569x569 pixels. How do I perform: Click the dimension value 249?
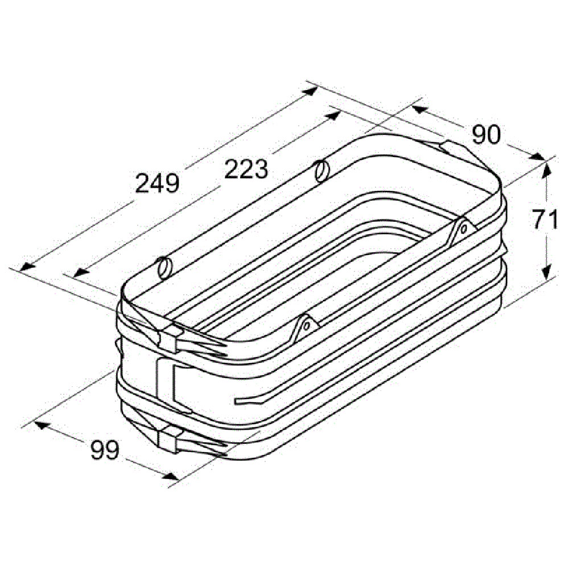pyautogui.click(x=157, y=183)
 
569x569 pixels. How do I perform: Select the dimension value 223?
pyautogui.click(x=246, y=169)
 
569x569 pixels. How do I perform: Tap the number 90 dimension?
pyautogui.click(x=486, y=135)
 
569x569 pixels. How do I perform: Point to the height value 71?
pyautogui.click(x=545, y=220)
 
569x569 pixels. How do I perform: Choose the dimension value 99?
pyautogui.click(x=105, y=450)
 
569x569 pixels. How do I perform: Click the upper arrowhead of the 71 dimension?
pyautogui.click(x=546, y=170)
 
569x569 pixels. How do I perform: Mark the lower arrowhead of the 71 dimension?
pyautogui.click(x=546, y=271)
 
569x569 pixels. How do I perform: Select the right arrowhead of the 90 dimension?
pyautogui.click(x=537, y=157)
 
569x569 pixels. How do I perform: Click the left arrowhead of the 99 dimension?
pyautogui.click(x=42, y=424)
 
